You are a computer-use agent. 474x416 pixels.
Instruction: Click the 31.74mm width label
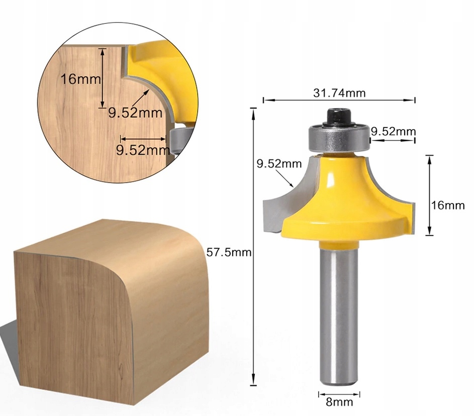[339, 93]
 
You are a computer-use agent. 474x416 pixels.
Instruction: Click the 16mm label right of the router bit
[448, 205]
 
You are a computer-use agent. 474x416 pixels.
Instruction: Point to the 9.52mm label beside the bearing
[393, 131]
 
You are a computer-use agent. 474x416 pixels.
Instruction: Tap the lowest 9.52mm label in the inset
[142, 149]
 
